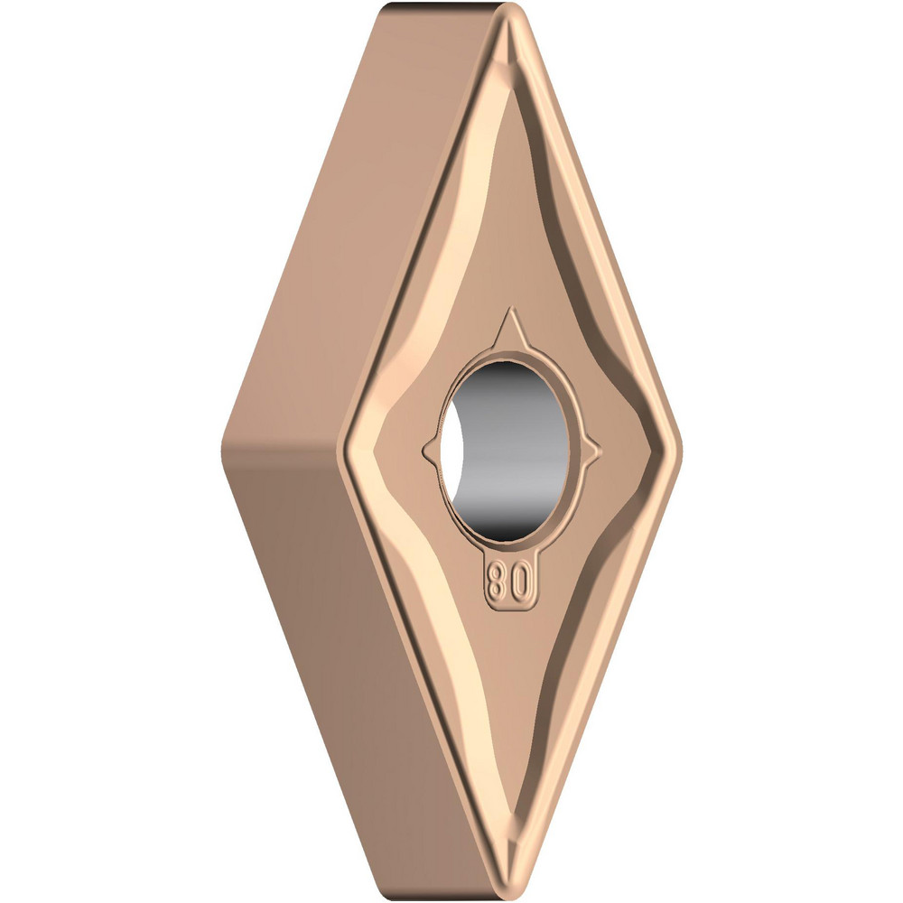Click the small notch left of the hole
(428, 445)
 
